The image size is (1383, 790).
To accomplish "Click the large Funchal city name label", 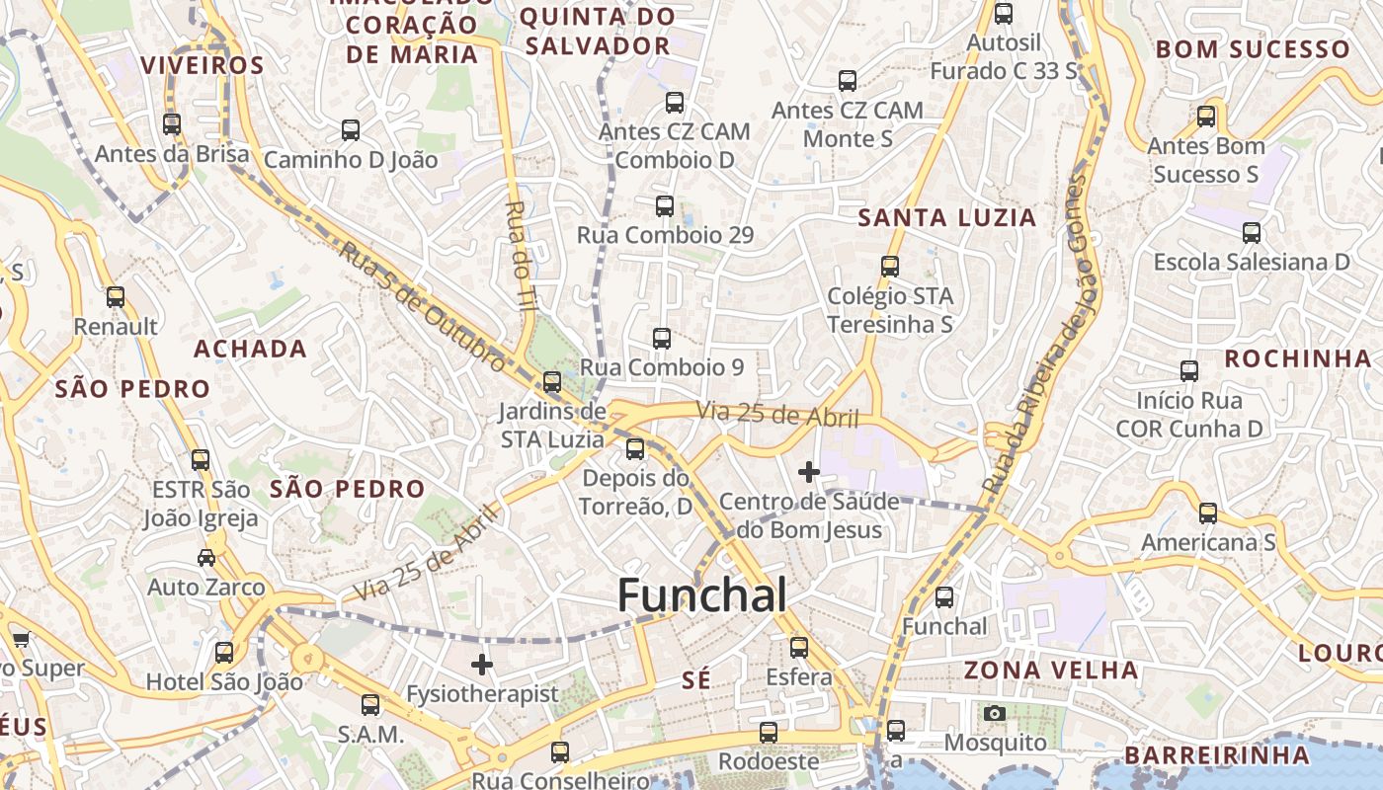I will point(702,595).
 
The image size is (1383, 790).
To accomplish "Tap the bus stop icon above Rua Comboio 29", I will point(665,206).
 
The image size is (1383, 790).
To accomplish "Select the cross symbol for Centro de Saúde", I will point(809,472).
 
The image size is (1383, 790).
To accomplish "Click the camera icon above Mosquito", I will point(995,713).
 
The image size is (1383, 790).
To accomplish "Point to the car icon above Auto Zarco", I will point(206,558).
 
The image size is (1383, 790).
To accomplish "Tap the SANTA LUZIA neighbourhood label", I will point(946,218).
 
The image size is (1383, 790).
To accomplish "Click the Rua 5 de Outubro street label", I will point(423,306).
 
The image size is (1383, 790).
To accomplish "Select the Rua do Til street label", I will point(520,257).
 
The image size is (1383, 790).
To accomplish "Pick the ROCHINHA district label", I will point(1297,358).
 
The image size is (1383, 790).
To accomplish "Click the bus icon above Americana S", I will point(1208,513).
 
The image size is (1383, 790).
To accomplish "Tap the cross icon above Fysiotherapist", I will point(482,665).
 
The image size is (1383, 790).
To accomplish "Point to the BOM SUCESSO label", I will point(1253,49).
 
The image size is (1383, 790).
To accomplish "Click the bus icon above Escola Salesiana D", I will point(1252,233).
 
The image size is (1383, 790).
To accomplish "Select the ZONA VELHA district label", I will point(1051,671).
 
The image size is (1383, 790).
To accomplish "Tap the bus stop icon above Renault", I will point(116,297).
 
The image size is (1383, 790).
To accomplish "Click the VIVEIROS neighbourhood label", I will point(203,66).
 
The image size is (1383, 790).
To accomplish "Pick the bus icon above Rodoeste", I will point(769,733).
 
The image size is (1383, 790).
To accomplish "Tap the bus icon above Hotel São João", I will point(224,653).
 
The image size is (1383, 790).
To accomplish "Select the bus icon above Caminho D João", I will point(351,130).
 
